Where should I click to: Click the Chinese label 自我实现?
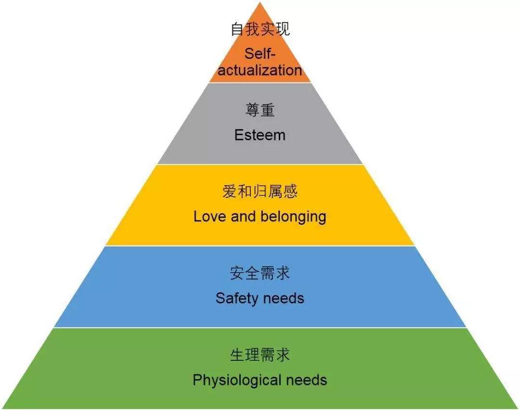click(260, 29)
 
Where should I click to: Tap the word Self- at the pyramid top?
click(260, 54)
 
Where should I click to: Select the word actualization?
click(260, 70)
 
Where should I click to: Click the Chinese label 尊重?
click(260, 110)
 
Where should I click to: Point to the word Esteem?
click(260, 135)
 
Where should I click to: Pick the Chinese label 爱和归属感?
click(260, 191)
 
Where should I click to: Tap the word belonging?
click(293, 217)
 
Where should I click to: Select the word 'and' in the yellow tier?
click(243, 217)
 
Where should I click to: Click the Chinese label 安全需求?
click(260, 273)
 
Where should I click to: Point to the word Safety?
click(236, 299)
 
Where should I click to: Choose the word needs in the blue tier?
click(283, 299)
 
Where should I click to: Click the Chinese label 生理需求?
click(260, 355)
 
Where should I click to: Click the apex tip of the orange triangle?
click(260, 2)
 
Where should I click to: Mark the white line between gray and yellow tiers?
click(260, 164)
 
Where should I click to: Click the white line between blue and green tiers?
click(260, 328)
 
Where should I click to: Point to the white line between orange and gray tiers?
click(260, 82)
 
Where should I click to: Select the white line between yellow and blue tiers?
click(260, 246)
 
